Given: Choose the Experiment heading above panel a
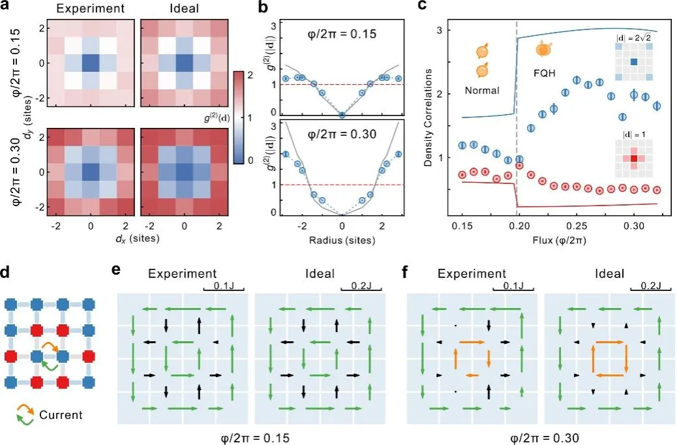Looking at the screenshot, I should coord(91,8).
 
